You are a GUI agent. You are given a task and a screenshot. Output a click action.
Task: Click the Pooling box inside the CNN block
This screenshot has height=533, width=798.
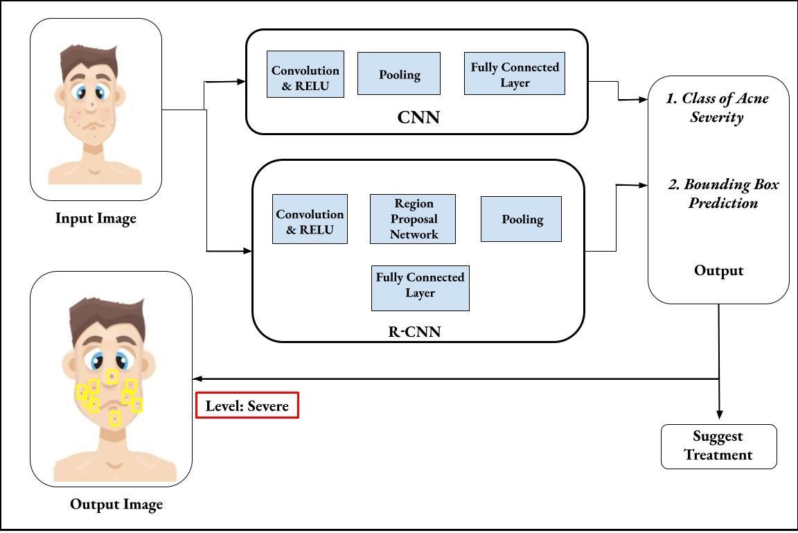[399, 73]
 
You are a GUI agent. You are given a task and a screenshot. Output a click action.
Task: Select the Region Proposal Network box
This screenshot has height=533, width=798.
[413, 219]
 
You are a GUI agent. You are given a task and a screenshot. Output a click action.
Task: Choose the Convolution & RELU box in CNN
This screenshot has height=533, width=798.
[305, 74]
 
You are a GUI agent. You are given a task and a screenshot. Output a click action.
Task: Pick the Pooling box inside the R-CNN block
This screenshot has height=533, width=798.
[521, 219]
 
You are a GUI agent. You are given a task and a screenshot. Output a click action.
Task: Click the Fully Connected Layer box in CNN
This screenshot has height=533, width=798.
[515, 73]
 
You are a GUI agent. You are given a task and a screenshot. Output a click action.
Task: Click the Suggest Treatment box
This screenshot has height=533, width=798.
[718, 446]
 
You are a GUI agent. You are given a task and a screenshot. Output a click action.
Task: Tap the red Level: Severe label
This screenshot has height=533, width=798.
[247, 405]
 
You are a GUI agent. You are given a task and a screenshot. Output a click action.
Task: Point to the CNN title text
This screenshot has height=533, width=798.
[418, 117]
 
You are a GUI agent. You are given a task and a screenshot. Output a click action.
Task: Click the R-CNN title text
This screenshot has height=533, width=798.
[414, 331]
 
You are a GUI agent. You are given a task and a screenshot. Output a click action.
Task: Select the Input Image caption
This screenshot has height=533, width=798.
[96, 218]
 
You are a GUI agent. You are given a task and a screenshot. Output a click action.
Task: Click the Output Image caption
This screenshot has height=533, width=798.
[116, 504]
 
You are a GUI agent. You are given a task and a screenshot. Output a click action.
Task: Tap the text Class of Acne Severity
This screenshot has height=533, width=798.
[717, 107]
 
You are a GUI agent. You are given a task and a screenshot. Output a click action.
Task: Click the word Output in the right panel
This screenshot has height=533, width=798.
[718, 270]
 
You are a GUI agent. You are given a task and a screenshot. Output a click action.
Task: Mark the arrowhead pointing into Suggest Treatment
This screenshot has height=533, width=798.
[719, 414]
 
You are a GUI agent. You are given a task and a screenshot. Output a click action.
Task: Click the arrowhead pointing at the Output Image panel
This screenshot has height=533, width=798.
[197, 379]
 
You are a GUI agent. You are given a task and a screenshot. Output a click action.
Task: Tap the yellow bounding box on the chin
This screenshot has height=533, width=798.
[115, 418]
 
